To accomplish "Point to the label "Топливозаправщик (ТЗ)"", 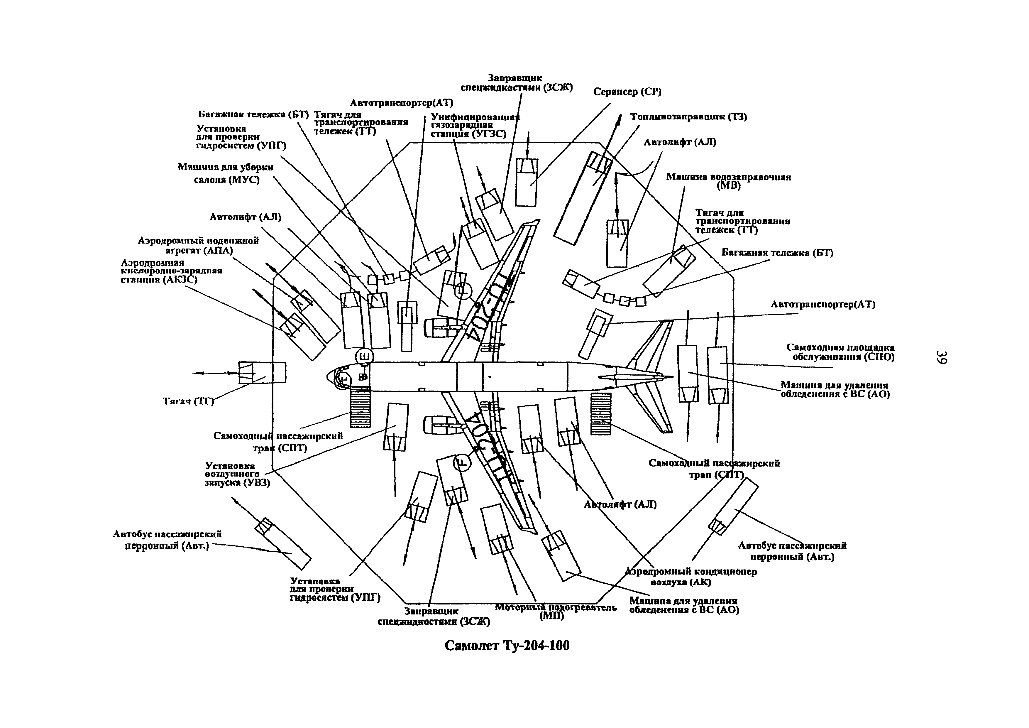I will (x=688, y=117).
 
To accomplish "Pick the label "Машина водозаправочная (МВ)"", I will (x=728, y=181).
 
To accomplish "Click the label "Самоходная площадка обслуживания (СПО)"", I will (x=840, y=352).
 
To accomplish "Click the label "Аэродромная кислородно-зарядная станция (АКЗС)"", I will (x=171, y=271).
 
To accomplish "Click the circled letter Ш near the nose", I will (x=364, y=357).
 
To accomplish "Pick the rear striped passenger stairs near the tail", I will (x=600, y=413).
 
